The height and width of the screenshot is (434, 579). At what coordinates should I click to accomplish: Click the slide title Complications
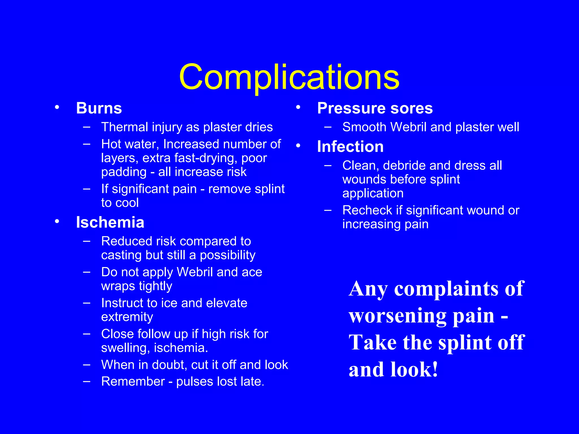click(x=289, y=77)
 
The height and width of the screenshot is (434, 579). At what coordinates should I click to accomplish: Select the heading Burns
click(x=99, y=108)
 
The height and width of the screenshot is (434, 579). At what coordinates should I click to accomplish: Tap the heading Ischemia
click(x=110, y=222)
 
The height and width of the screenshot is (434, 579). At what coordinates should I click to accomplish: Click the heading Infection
click(x=350, y=147)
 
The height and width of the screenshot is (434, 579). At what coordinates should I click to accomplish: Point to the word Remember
click(x=133, y=382)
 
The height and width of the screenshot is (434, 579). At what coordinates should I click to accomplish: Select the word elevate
click(x=226, y=303)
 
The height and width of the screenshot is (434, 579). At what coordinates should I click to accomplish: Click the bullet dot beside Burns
click(x=57, y=107)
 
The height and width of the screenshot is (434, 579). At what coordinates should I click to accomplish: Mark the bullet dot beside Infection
click(x=298, y=146)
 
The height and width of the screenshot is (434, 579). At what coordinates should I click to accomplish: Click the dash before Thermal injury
click(x=87, y=127)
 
